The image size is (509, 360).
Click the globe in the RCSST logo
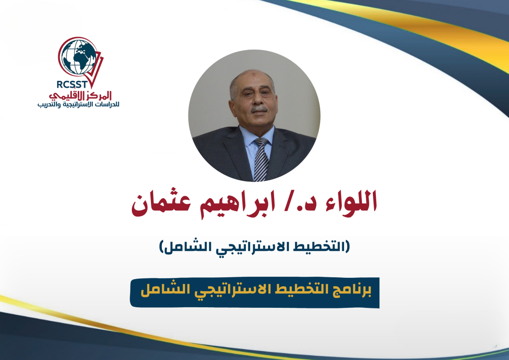78,56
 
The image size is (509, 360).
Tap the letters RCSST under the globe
72,84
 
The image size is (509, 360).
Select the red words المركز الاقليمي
80,96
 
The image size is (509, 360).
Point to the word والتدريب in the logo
49,104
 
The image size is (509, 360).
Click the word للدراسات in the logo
107,104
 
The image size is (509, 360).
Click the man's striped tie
261,159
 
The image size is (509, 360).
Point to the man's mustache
259,110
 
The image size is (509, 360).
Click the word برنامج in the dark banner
352,290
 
